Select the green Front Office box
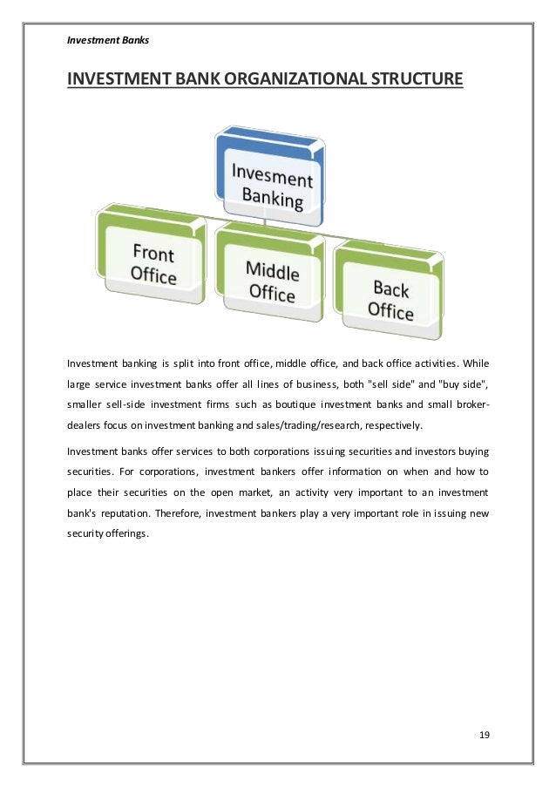153,265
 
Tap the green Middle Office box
272,282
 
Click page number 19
485,735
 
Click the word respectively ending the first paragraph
396,425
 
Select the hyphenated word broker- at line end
469,404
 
